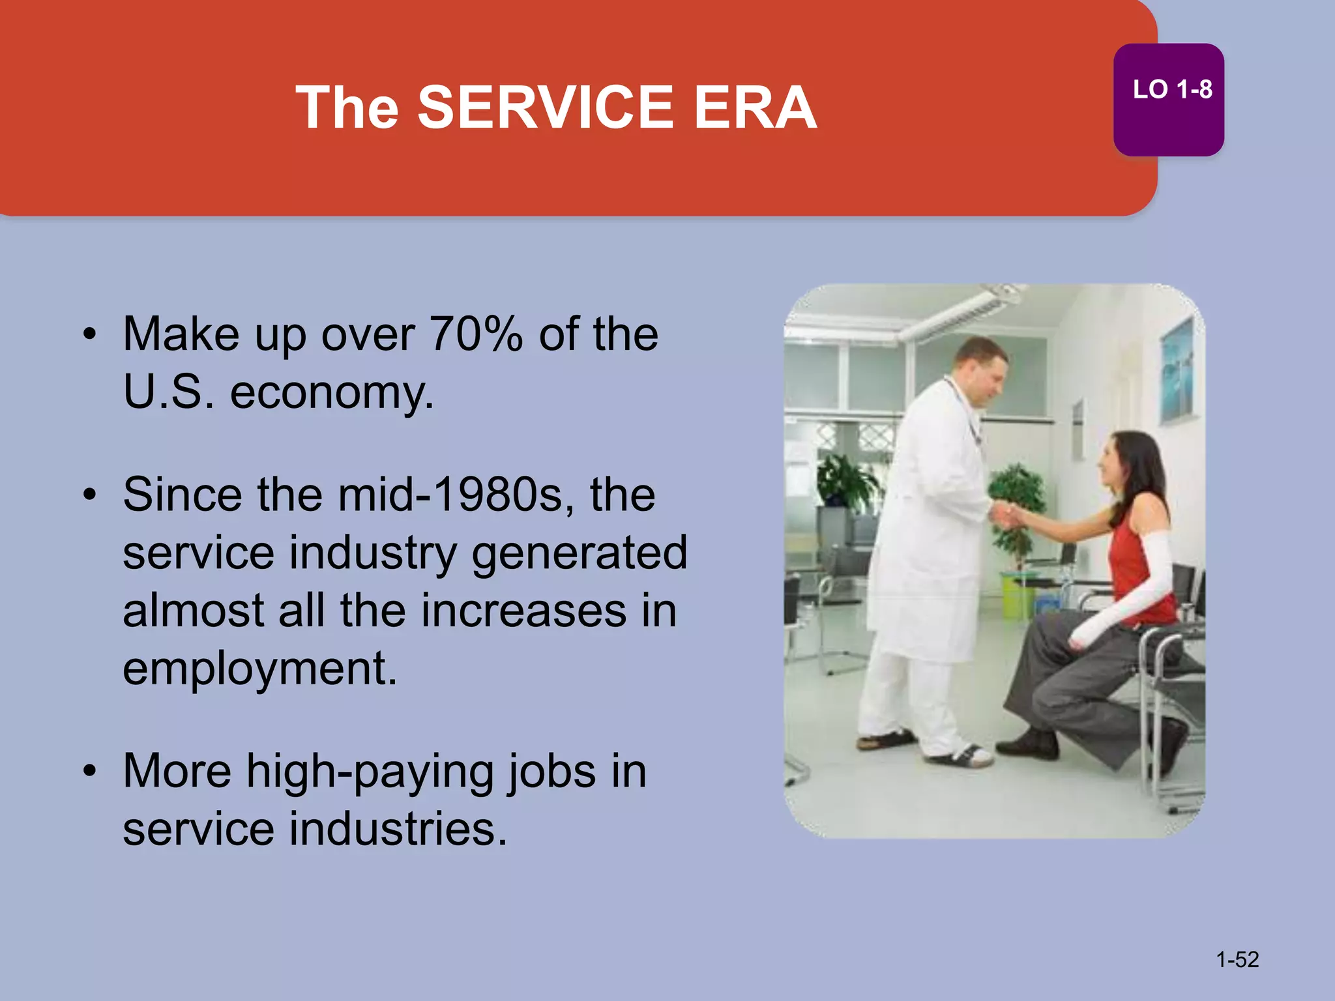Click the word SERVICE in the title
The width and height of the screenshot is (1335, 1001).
point(545,108)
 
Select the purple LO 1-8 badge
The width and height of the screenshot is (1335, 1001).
point(1168,99)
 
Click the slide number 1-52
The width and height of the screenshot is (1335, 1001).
point(1237,959)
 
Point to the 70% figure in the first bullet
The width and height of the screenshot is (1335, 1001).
point(476,334)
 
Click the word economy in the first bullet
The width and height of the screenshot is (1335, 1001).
point(331,393)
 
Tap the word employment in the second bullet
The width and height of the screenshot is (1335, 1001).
point(259,669)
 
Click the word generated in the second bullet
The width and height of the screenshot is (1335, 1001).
point(579,553)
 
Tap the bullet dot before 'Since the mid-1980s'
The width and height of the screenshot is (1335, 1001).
point(90,495)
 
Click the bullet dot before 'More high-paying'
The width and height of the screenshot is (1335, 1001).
point(90,772)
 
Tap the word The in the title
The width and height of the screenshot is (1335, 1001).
point(347,108)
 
